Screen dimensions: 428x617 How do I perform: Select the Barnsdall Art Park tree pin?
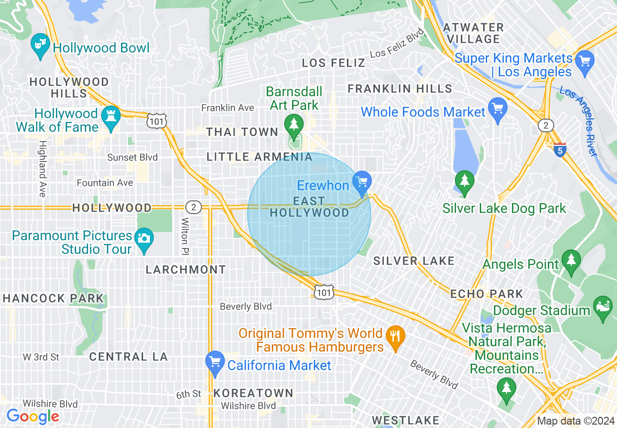(293, 125)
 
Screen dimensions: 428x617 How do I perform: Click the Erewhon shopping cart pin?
(362, 181)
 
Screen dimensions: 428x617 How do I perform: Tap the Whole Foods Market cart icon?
(497, 108)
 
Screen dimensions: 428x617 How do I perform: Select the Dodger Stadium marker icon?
(602, 307)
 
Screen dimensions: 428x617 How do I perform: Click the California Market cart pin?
(215, 362)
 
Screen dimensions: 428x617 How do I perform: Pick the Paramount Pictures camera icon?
(144, 238)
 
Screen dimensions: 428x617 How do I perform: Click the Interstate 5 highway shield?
(560, 150)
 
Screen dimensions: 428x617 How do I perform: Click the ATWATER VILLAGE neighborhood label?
(473, 33)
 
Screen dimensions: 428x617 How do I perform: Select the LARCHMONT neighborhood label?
(186, 269)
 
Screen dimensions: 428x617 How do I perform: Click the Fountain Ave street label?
(105, 183)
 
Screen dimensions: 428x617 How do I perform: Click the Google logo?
(33, 416)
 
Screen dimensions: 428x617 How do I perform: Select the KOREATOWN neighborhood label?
(253, 393)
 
